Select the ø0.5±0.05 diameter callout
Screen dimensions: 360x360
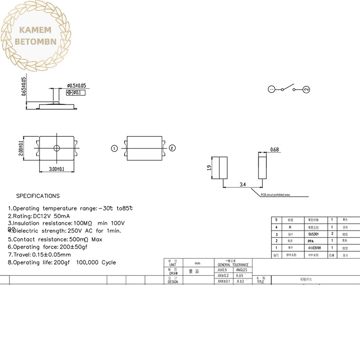pyautogui.click(x=76, y=85)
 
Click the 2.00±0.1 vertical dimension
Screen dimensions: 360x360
pyautogui.click(x=21, y=148)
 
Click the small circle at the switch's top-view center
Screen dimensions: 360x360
pyautogui.click(x=56, y=148)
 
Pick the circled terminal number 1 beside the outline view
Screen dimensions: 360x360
pyautogui.click(x=114, y=148)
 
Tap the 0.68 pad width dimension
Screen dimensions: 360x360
pyautogui.click(x=274, y=149)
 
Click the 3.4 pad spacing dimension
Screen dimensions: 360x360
pyautogui.click(x=243, y=184)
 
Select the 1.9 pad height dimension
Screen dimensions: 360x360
pyautogui.click(x=209, y=168)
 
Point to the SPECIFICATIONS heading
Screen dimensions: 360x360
pyautogui.click(x=38, y=196)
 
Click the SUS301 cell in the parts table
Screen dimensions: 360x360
pyautogui.click(x=312, y=234)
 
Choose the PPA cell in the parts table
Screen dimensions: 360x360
pyautogui.click(x=310, y=241)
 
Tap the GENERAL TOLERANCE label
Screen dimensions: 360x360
pyautogui.click(x=233, y=265)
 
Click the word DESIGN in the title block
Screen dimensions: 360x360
pyautogui.click(x=173, y=282)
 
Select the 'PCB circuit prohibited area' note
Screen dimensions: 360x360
pyautogui.click(x=275, y=195)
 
